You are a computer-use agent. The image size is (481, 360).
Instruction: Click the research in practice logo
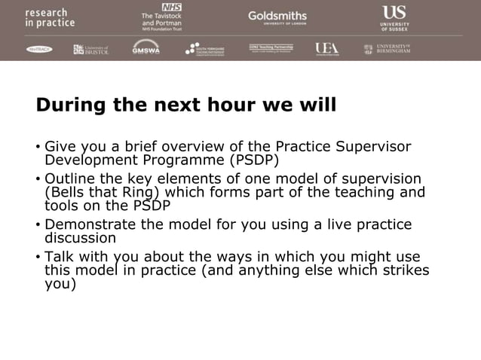(50, 18)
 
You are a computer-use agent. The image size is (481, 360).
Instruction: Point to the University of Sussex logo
(394, 17)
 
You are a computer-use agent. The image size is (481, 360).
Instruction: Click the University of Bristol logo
(91, 50)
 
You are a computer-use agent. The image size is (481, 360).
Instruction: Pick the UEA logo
(327, 49)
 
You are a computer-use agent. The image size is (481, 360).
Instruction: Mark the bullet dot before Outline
(38, 179)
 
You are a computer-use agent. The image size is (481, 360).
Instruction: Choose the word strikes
(406, 270)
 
